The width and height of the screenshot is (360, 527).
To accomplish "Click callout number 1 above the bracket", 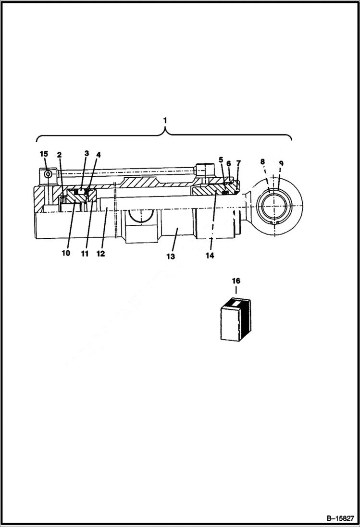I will pos(165,119).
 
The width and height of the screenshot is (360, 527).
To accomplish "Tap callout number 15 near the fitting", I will pos(44,154).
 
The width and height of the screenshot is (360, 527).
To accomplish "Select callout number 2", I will pos(60,155).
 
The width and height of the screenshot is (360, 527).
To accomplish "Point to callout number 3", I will pos(87,153).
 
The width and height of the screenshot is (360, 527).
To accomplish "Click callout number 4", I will pos(98,155).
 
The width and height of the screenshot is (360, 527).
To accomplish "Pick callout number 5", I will pos(221,159).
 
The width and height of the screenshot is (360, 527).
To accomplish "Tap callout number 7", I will pos(238,163).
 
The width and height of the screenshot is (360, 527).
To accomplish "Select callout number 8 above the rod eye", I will pos(263,162).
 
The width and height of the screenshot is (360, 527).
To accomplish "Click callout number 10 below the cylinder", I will pos(65,253).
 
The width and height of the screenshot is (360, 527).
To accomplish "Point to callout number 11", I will pos(85,253).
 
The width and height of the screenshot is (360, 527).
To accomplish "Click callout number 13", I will pos(171,257).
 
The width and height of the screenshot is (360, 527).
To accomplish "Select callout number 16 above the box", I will pos(236,281).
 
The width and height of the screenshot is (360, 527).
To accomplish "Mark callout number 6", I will pos(229,163).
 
